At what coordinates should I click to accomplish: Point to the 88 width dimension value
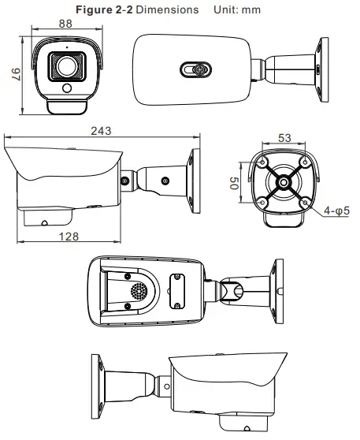click(66, 24)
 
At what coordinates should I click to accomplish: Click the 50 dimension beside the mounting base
click(235, 184)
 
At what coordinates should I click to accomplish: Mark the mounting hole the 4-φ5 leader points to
click(304, 203)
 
